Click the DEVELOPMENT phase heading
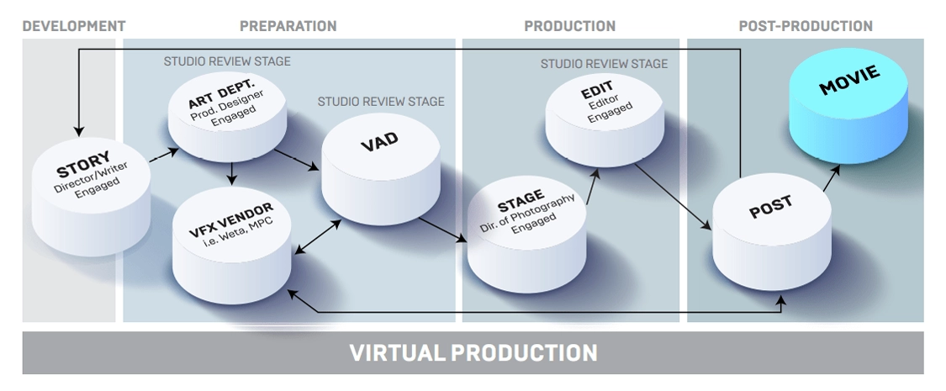click(74, 27)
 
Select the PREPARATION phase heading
click(288, 27)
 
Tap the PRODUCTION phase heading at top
click(569, 27)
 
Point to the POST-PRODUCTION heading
click(806, 27)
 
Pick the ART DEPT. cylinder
click(227, 116)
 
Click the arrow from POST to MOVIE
click(832, 178)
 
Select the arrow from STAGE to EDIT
click(593, 187)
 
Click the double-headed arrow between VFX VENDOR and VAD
click(317, 236)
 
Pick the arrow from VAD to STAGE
click(442, 230)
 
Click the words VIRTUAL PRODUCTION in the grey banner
click(473, 353)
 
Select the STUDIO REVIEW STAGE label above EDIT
click(604, 64)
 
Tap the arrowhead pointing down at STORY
click(78, 131)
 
